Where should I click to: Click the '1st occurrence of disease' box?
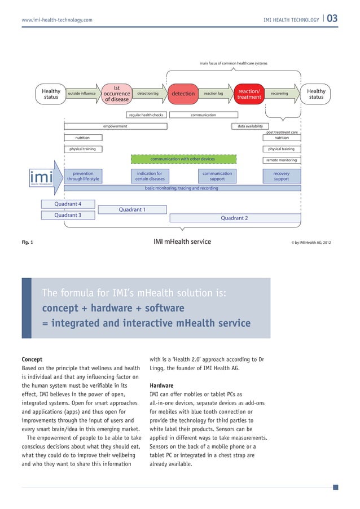pyautogui.click(x=117, y=94)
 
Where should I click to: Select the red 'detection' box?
pyautogui.click(x=183, y=94)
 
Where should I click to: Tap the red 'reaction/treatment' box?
pyautogui.click(x=249, y=94)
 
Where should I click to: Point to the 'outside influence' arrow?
pyautogui.click(x=82, y=94)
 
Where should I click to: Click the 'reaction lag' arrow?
pyautogui.click(x=214, y=94)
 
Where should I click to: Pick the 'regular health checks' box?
pyautogui.click(x=146, y=115)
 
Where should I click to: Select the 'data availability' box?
pyautogui.click(x=251, y=126)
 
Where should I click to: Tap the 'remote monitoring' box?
pyautogui.click(x=282, y=160)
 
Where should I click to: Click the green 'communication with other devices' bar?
pyautogui.click(x=183, y=159)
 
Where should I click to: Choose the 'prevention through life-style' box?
pyautogui.click(x=83, y=176)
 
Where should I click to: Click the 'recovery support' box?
pyautogui.click(x=281, y=176)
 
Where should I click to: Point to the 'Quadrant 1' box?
pyautogui.click(x=132, y=210)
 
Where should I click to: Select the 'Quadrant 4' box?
pyautogui.click(x=68, y=204)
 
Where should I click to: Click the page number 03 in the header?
pyautogui.click(x=332, y=19)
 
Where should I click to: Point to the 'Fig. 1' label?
pyautogui.click(x=27, y=243)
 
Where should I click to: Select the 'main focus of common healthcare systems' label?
pyautogui.click(x=234, y=63)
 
